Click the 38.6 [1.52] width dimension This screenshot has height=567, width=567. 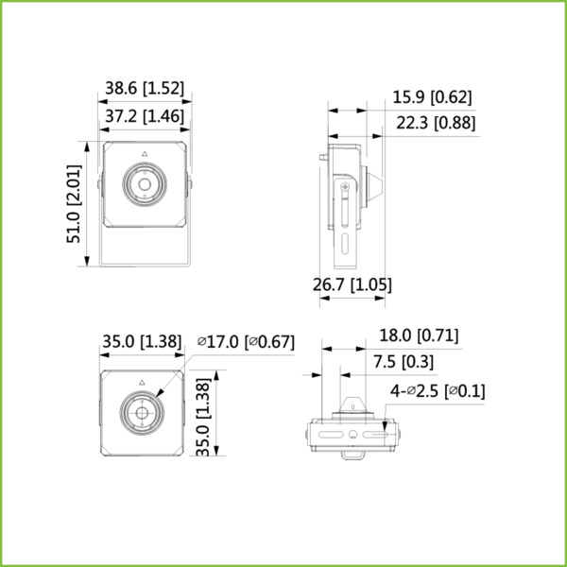click(x=145, y=88)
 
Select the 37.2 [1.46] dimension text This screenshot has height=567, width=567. click(x=142, y=115)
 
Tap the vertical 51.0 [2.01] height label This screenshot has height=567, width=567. click(x=74, y=205)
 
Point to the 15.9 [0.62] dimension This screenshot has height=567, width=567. click(x=432, y=96)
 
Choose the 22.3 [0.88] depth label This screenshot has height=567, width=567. click(x=435, y=123)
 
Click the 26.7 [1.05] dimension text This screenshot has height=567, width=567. click(x=352, y=284)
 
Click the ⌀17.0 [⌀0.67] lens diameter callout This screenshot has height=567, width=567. click(x=246, y=342)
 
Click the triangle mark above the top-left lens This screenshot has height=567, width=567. click(x=144, y=153)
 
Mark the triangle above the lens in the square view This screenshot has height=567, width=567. click(x=141, y=382)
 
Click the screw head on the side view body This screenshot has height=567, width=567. click(x=345, y=192)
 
